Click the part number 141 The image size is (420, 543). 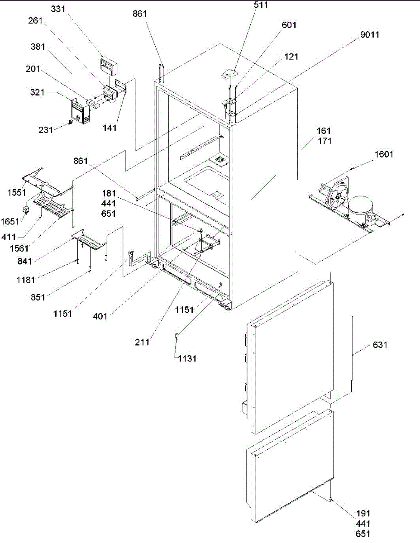[109, 128]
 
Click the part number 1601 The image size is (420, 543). [383, 154]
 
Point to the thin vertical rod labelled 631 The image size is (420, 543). [351, 344]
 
